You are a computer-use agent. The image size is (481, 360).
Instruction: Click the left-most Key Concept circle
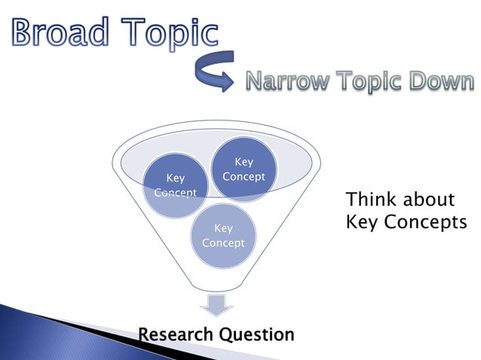175,185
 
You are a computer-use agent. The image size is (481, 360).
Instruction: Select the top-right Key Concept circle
244,169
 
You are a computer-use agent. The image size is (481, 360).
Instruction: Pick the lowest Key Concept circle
223,236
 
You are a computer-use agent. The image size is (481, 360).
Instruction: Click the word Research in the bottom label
176,334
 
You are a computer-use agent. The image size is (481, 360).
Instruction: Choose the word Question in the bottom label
256,334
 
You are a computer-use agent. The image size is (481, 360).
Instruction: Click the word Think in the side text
369,200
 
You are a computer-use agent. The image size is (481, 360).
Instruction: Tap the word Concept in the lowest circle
223,243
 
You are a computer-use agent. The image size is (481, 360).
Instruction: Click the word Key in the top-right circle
244,162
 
